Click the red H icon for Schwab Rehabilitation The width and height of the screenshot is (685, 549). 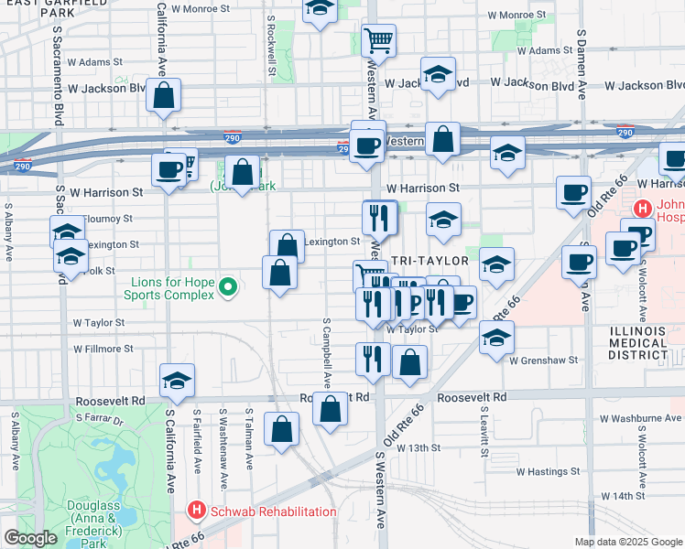pos(196,510)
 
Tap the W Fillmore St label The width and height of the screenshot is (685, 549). pos(102,349)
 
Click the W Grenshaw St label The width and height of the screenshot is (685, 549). pos(544,360)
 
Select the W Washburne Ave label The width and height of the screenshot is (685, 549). pos(641,418)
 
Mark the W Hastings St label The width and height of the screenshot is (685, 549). pos(547,472)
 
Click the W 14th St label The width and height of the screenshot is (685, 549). pos(624,495)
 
